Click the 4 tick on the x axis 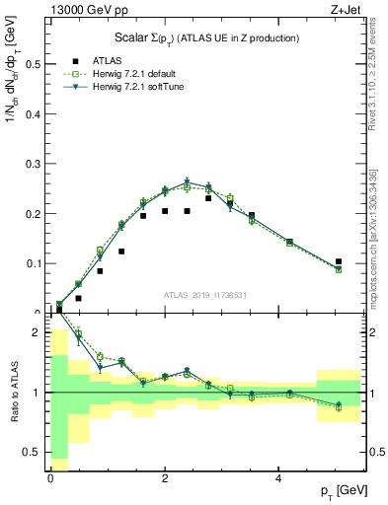[x=280, y=477]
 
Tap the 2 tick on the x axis [x=165, y=477]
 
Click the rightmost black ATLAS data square [x=339, y=261]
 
